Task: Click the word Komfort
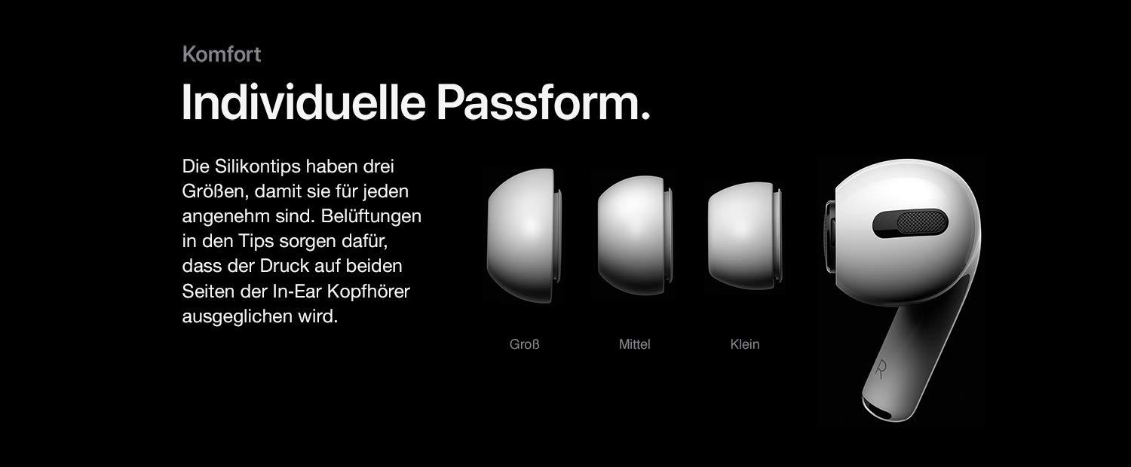(222, 54)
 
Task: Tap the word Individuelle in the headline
(303, 102)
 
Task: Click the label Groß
(525, 344)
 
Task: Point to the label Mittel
(635, 344)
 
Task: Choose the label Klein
(745, 344)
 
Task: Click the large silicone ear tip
(524, 236)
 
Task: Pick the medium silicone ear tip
(635, 236)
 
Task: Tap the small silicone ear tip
(745, 236)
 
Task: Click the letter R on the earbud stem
(881, 368)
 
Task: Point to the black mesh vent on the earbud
(921, 222)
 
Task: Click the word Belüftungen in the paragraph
(371, 216)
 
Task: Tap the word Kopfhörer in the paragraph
(369, 291)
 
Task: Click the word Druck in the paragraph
(284, 266)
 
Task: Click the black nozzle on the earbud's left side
(829, 237)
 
